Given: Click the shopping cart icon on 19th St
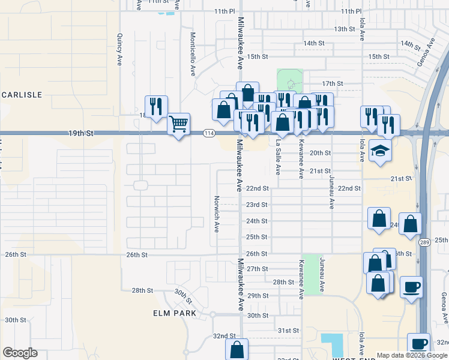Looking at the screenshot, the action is tap(178, 125).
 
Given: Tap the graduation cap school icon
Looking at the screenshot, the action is tap(380, 150).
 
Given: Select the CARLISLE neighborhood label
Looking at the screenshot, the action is tap(22, 95).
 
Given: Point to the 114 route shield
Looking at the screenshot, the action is tap(208, 133).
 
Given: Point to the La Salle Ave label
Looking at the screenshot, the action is tap(278, 157).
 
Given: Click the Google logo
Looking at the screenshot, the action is tap(20, 353).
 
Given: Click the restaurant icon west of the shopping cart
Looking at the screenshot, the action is tap(156, 107).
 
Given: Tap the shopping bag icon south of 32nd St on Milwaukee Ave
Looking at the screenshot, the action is tap(237, 349).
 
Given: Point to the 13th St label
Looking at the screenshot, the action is tap(345, 29).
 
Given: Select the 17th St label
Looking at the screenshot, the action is tap(332, 83).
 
